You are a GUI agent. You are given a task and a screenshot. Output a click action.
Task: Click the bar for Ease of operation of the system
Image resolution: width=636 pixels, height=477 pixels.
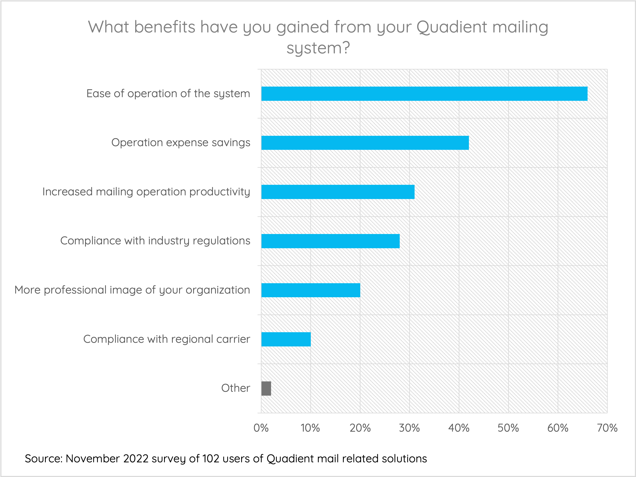click(x=424, y=94)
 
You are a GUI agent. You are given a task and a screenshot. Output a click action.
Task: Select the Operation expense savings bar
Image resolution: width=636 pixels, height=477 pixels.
click(x=365, y=143)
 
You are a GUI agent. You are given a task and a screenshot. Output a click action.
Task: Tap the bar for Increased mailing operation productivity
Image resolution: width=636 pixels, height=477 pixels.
click(x=338, y=192)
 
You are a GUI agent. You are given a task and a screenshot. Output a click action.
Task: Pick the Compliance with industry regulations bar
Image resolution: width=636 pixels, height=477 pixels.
click(x=330, y=241)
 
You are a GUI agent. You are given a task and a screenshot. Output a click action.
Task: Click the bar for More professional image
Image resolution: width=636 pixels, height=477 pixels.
click(x=311, y=290)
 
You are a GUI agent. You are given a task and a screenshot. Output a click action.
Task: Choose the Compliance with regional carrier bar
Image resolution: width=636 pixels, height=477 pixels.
click(x=286, y=339)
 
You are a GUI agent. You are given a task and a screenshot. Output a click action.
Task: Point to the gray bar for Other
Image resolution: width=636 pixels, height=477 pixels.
click(x=266, y=389)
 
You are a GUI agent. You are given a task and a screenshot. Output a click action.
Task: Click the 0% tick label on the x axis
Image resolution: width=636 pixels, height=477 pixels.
click(x=261, y=428)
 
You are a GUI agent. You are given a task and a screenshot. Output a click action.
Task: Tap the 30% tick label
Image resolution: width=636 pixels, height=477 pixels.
click(x=409, y=428)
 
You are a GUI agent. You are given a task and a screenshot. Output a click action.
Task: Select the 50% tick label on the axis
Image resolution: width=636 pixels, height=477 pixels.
click(x=508, y=428)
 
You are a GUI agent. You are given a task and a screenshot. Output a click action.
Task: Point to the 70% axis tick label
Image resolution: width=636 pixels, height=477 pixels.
click(x=607, y=428)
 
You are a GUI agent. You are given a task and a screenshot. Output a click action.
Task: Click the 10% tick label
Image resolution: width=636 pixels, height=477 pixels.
click(x=310, y=428)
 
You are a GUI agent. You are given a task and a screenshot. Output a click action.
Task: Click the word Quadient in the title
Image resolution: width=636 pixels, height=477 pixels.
click(x=452, y=27)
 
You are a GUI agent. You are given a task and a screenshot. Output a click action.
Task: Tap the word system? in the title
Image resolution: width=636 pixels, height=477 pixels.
click(x=318, y=48)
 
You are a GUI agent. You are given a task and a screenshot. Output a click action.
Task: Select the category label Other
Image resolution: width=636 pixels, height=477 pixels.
click(x=235, y=388)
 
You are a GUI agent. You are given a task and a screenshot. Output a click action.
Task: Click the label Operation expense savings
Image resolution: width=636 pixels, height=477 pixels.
click(x=181, y=143)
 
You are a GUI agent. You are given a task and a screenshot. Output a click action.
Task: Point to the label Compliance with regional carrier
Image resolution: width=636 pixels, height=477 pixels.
click(x=166, y=339)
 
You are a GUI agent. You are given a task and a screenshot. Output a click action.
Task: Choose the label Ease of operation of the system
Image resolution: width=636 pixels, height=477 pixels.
click(x=168, y=94)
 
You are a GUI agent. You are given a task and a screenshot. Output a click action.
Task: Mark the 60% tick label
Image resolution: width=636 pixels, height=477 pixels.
click(x=557, y=428)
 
